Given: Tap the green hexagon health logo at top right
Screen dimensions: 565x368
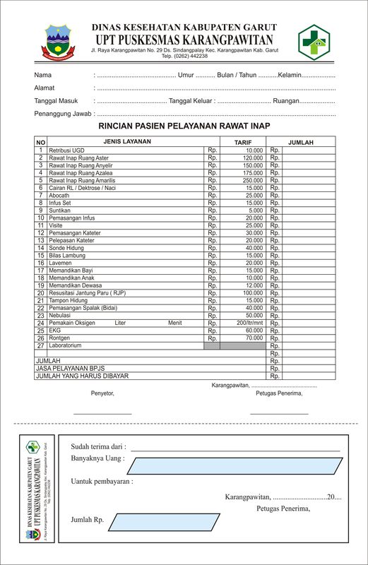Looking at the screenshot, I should [313, 41].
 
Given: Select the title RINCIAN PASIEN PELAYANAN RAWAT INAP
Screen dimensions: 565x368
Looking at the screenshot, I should [184, 126].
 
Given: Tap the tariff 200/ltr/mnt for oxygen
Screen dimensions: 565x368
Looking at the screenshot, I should [249, 323].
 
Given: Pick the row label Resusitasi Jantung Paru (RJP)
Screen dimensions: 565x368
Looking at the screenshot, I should [87, 292].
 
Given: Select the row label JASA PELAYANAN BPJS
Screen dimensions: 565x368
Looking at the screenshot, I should [70, 369].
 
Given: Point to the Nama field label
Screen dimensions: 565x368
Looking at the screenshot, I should [43, 75].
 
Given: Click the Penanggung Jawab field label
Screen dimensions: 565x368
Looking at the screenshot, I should [64, 113].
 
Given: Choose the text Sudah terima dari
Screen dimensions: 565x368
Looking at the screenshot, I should [98, 446].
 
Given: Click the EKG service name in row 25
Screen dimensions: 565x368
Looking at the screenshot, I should [54, 330].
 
